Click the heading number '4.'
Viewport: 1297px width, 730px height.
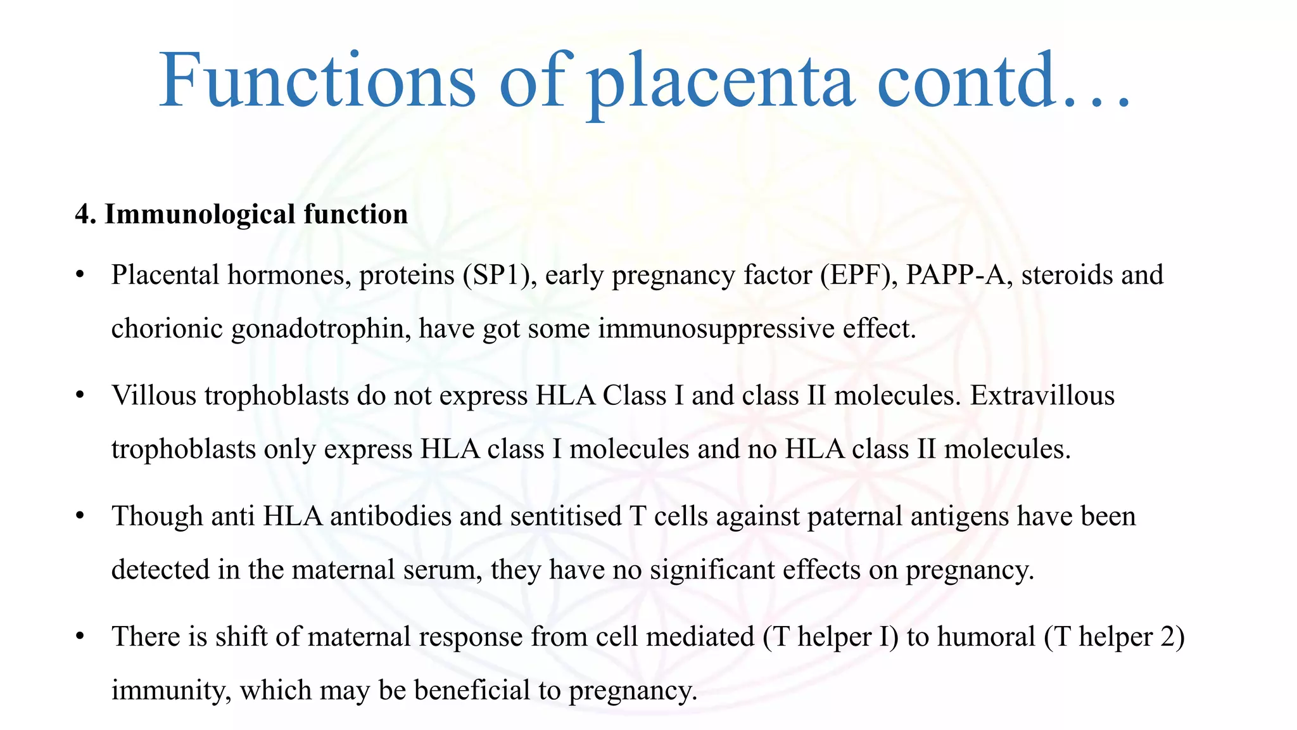click(x=85, y=214)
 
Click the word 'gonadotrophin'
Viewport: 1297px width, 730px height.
click(x=320, y=329)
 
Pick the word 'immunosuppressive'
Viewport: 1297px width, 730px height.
click(x=716, y=329)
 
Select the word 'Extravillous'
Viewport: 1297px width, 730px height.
click(x=1042, y=395)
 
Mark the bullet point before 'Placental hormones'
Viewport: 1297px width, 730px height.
click(x=79, y=275)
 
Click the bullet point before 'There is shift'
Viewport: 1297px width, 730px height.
click(x=79, y=636)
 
